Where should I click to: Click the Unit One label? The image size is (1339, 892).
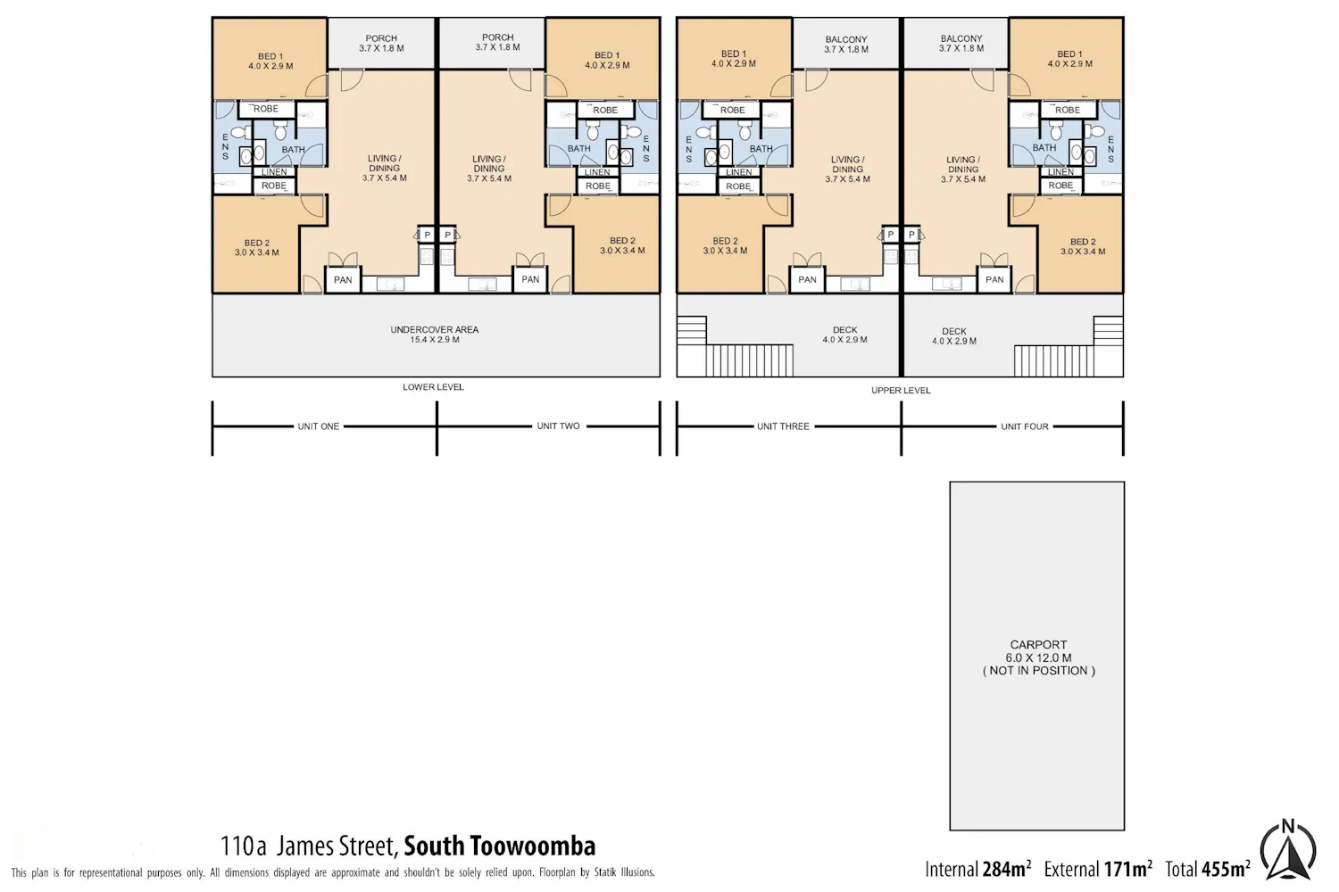[319, 426]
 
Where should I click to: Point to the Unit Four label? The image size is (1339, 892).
[1025, 426]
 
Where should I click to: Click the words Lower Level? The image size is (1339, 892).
[433, 386]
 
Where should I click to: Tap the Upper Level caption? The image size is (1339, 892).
[901, 390]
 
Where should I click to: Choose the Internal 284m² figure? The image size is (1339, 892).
[978, 869]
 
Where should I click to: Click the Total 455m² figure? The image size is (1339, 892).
[1208, 869]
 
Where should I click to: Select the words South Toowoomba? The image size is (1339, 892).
[500, 846]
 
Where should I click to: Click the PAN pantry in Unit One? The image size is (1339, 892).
[343, 279]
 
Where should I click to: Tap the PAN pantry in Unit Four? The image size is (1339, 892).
[994, 279]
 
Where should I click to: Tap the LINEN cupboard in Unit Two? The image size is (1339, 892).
[597, 172]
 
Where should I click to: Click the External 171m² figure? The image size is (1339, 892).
[1098, 869]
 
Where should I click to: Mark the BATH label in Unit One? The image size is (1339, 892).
[294, 149]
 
